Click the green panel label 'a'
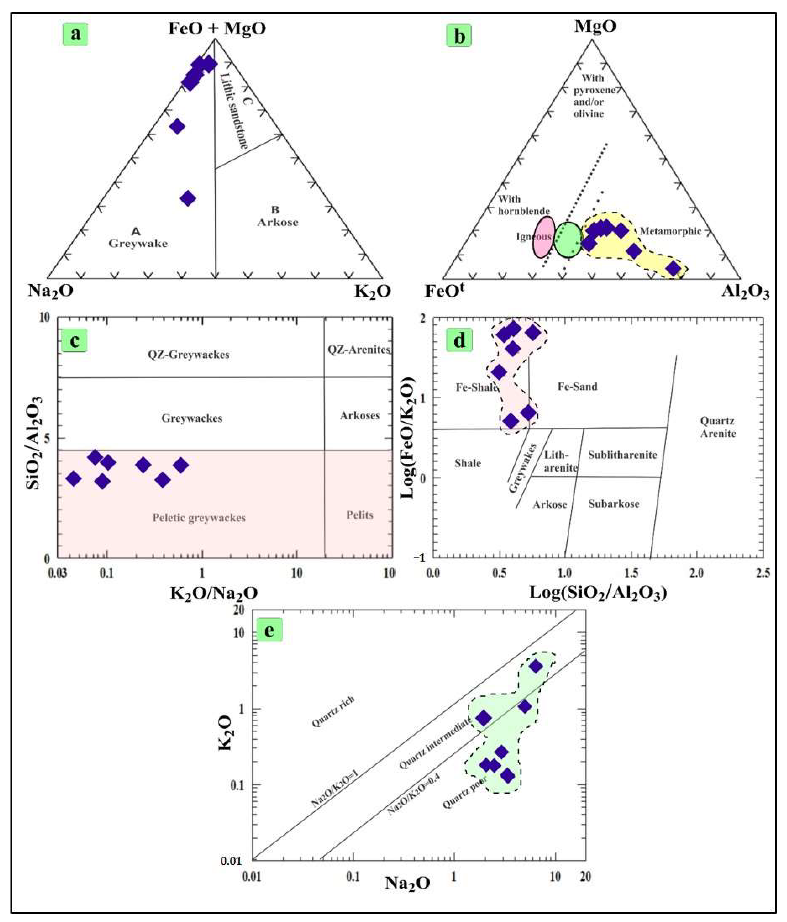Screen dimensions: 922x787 coord(76,33)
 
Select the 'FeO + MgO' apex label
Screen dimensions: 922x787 coord(217,28)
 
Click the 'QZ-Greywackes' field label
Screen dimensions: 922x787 coord(189,355)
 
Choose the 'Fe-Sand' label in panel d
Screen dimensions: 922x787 coord(577,386)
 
